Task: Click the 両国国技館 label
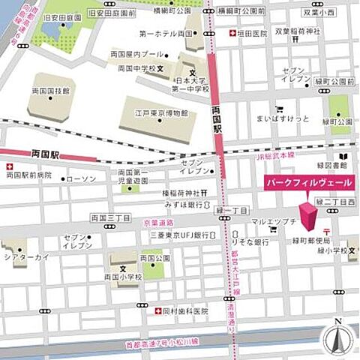pos(51,90)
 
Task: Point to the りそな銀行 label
pos(251,243)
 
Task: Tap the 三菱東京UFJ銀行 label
pos(178,235)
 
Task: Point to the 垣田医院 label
pos(252,34)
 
